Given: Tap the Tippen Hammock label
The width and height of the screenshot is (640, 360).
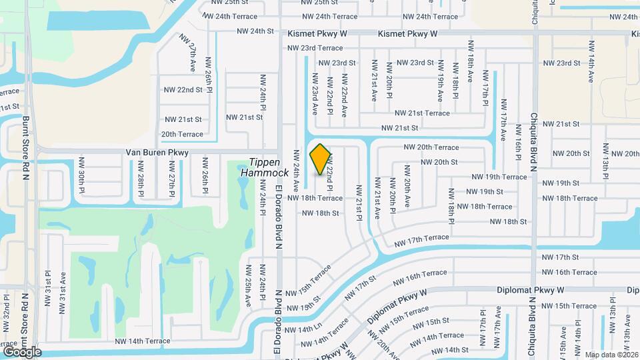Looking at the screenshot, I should (269, 167).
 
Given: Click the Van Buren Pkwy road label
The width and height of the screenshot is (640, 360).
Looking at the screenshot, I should (157, 153).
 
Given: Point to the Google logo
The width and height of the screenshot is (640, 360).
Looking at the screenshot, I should (22, 351).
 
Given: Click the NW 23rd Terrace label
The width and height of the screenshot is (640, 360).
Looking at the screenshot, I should (315, 48).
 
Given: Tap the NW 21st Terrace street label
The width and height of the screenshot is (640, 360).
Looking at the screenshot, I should (422, 113).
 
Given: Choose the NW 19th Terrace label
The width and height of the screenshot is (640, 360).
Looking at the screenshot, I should (499, 177).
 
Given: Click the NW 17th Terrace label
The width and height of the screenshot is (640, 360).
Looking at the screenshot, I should (421, 238).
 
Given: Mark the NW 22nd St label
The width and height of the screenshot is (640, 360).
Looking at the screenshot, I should (183, 89).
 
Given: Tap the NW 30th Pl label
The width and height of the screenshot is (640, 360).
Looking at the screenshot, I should (82, 176).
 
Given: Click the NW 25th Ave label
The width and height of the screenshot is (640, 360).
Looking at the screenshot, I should (247, 285).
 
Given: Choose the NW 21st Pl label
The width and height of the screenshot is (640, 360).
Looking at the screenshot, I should (359, 202).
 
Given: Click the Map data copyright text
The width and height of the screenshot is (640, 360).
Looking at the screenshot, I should (611, 354).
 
